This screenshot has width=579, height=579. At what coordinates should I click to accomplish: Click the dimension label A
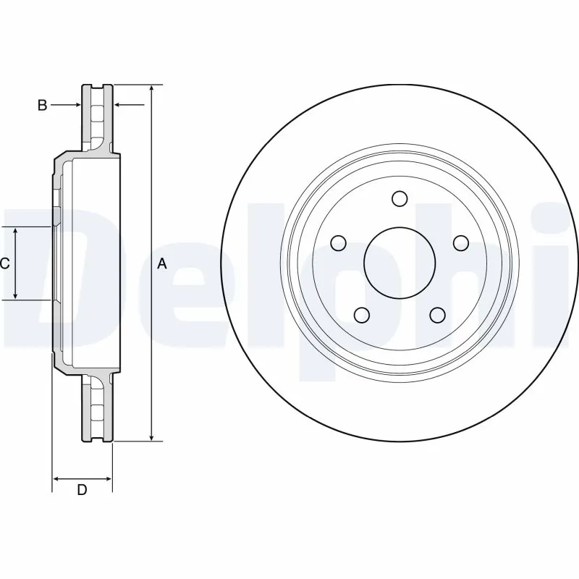[162, 264]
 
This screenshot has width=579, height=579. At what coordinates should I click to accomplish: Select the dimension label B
[42, 106]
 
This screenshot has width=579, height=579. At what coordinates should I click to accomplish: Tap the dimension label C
[4, 263]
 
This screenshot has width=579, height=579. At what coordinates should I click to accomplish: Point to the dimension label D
[82, 490]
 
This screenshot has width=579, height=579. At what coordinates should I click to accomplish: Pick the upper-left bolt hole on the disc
[338, 242]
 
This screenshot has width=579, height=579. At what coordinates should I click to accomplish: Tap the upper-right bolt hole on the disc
[460, 242]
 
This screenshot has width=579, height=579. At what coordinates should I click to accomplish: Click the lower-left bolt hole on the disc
[361, 314]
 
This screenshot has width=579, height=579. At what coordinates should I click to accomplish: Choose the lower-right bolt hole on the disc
[436, 314]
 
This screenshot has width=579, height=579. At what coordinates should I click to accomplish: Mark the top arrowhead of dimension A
[151, 89]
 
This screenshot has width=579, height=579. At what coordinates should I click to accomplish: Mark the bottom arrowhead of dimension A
[151, 436]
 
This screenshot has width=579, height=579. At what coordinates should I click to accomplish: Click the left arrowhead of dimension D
[58, 478]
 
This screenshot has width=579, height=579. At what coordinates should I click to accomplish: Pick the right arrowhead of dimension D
[108, 478]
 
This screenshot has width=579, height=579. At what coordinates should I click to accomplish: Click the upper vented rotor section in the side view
[96, 117]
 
